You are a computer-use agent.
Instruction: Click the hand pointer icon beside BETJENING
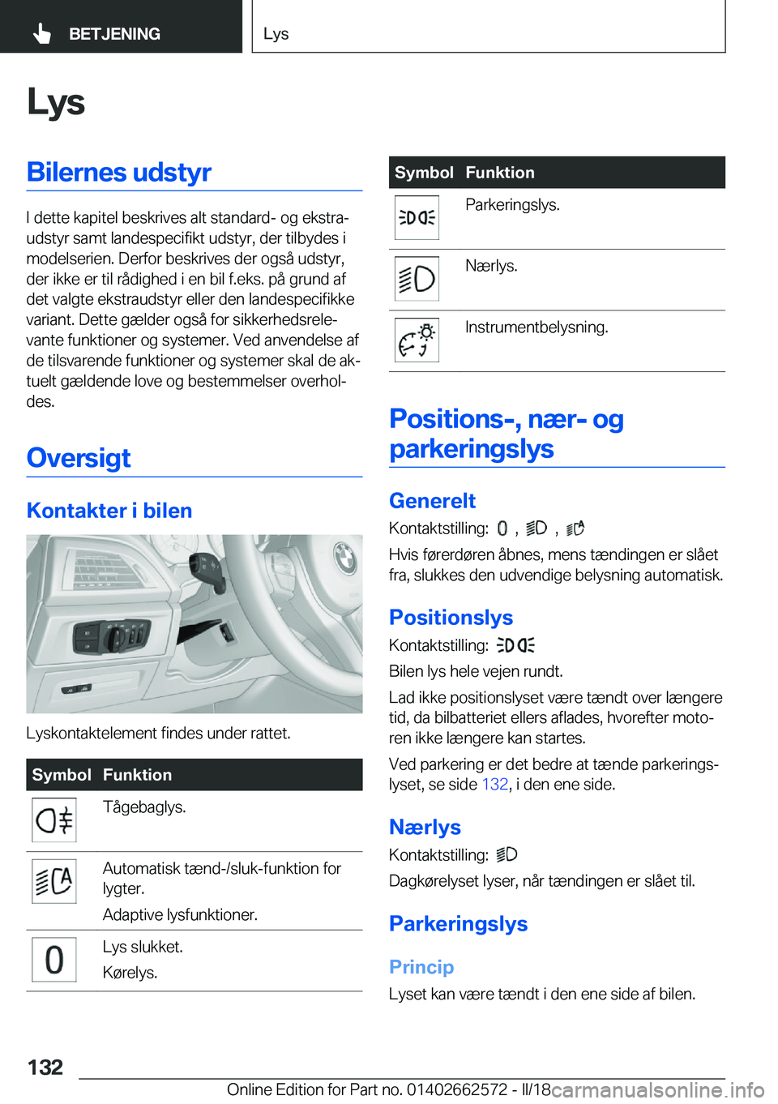click(x=41, y=33)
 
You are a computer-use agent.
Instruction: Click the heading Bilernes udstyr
click(x=119, y=172)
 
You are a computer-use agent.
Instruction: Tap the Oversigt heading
click(x=79, y=458)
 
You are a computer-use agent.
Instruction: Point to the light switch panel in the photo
click(x=112, y=636)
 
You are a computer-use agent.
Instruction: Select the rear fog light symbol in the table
click(x=54, y=820)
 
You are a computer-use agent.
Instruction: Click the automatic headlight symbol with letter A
click(x=54, y=881)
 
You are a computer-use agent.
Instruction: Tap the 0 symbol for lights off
click(x=54, y=960)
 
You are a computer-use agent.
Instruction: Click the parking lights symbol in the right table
click(x=417, y=218)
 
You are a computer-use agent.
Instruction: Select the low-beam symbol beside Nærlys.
click(x=417, y=279)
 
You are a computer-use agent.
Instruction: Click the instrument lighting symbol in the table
click(x=417, y=340)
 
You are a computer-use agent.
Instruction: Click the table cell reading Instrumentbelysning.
click(x=536, y=327)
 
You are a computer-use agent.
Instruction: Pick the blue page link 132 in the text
click(x=494, y=785)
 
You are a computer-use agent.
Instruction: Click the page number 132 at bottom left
click(x=45, y=1067)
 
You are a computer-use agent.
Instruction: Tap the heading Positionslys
click(x=451, y=618)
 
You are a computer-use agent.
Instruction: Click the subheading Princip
click(x=421, y=967)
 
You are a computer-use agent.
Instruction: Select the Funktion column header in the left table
click(x=137, y=775)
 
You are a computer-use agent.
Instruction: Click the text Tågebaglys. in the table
click(x=144, y=807)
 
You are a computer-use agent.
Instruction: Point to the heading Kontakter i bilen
click(x=109, y=511)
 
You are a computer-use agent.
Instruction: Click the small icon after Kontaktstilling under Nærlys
click(x=507, y=854)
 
